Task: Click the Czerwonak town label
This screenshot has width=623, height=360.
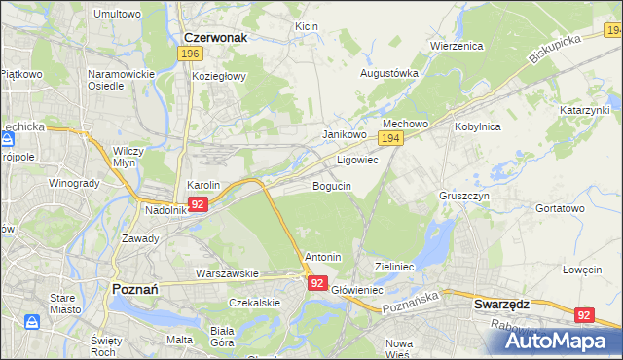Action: click(215, 37)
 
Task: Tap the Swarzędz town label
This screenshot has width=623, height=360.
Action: click(501, 303)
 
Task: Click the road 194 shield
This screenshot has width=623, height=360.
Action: click(390, 141)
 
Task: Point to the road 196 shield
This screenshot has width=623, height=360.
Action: click(190, 54)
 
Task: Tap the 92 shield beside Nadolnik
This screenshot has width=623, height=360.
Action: click(198, 204)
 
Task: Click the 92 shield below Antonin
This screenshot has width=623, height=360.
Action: click(317, 282)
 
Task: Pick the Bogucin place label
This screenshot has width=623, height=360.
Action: click(332, 185)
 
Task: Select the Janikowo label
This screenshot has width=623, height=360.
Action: click(344, 134)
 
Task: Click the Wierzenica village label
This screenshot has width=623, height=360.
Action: click(458, 45)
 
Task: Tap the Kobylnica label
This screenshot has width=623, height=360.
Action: click(477, 126)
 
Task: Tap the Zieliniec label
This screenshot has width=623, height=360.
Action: click(395, 266)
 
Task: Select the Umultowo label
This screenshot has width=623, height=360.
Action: click(116, 15)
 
